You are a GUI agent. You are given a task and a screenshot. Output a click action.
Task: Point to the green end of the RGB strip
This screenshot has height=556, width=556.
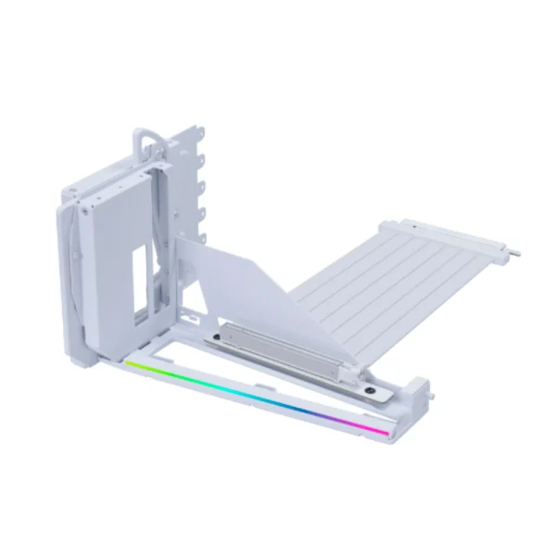pyautogui.click(x=132, y=365)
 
